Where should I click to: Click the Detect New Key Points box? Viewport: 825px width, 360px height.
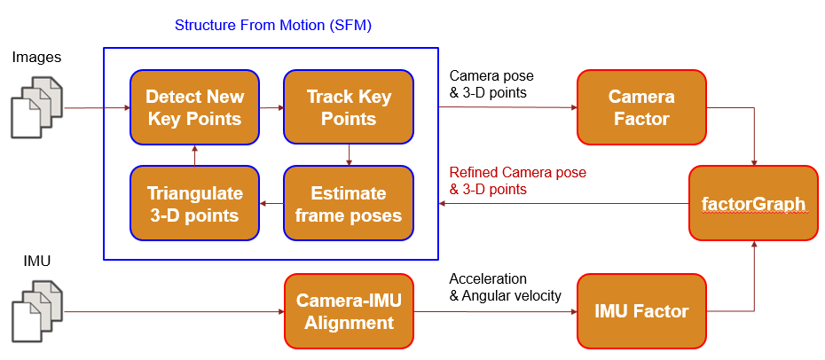coord(194,107)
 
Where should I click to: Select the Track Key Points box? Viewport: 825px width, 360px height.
coord(349,107)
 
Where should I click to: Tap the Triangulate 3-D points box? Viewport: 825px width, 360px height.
coord(194,204)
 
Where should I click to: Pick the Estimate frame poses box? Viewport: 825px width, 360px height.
coord(349,204)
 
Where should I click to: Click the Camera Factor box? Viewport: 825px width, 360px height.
coord(641,107)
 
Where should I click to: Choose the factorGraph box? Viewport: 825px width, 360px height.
coord(753,203)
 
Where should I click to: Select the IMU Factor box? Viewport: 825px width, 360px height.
coord(641,311)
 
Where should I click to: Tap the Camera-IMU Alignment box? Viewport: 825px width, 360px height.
coord(349,311)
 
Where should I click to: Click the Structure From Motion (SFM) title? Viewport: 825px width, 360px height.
coord(273,26)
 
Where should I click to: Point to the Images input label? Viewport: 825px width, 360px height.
coord(36,57)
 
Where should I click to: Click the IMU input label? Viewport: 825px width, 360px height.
coord(37,261)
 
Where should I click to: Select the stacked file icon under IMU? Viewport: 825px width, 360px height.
coord(37,311)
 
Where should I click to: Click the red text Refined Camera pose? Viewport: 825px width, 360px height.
coord(517,172)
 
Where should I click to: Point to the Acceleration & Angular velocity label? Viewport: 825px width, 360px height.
coord(505,287)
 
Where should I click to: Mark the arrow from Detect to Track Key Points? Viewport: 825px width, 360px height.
coord(271,108)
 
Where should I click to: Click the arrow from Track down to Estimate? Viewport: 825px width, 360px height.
coord(349,155)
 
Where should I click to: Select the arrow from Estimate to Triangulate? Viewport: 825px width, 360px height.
coord(271,204)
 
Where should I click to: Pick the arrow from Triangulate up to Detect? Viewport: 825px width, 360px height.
coord(194,155)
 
